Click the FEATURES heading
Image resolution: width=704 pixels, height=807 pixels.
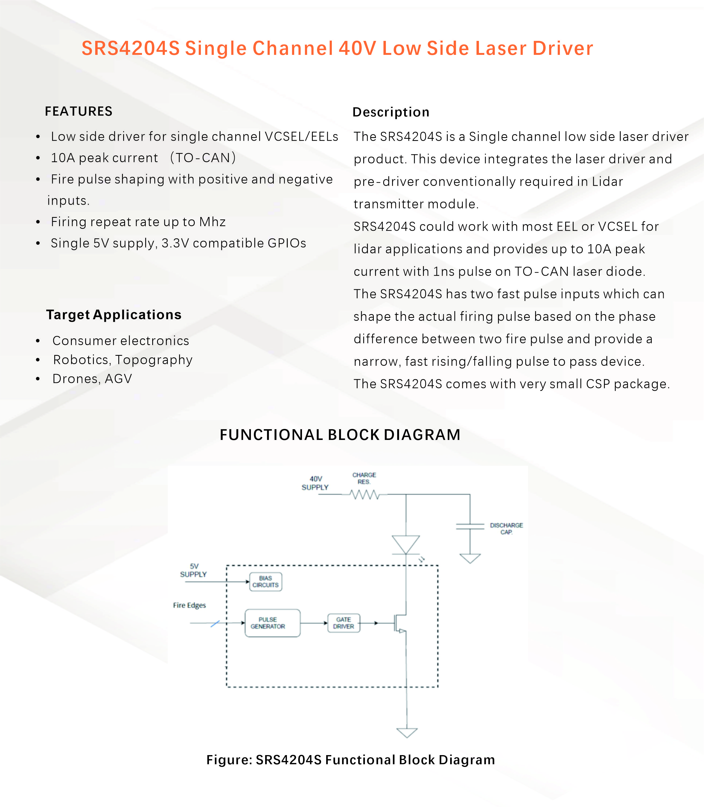point(79,111)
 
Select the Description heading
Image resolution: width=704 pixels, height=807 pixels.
point(391,112)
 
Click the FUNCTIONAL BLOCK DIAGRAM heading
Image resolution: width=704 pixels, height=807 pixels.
point(340,435)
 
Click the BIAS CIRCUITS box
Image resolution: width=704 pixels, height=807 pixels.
point(266,581)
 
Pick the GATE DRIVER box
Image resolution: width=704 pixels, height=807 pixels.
point(344,623)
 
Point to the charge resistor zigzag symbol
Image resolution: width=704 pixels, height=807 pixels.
point(365,494)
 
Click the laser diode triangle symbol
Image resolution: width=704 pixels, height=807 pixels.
point(406,545)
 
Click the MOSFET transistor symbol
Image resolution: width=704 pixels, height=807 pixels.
point(400,623)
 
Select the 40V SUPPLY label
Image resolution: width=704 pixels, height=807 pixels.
point(315,483)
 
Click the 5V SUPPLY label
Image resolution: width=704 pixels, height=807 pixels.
point(193,570)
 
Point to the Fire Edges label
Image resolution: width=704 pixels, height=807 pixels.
point(189,605)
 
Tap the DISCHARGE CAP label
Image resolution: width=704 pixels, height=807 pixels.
point(506,528)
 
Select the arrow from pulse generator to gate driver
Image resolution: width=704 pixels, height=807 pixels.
point(314,623)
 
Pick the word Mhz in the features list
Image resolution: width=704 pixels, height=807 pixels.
point(212,222)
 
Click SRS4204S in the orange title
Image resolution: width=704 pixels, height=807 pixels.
point(130,48)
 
